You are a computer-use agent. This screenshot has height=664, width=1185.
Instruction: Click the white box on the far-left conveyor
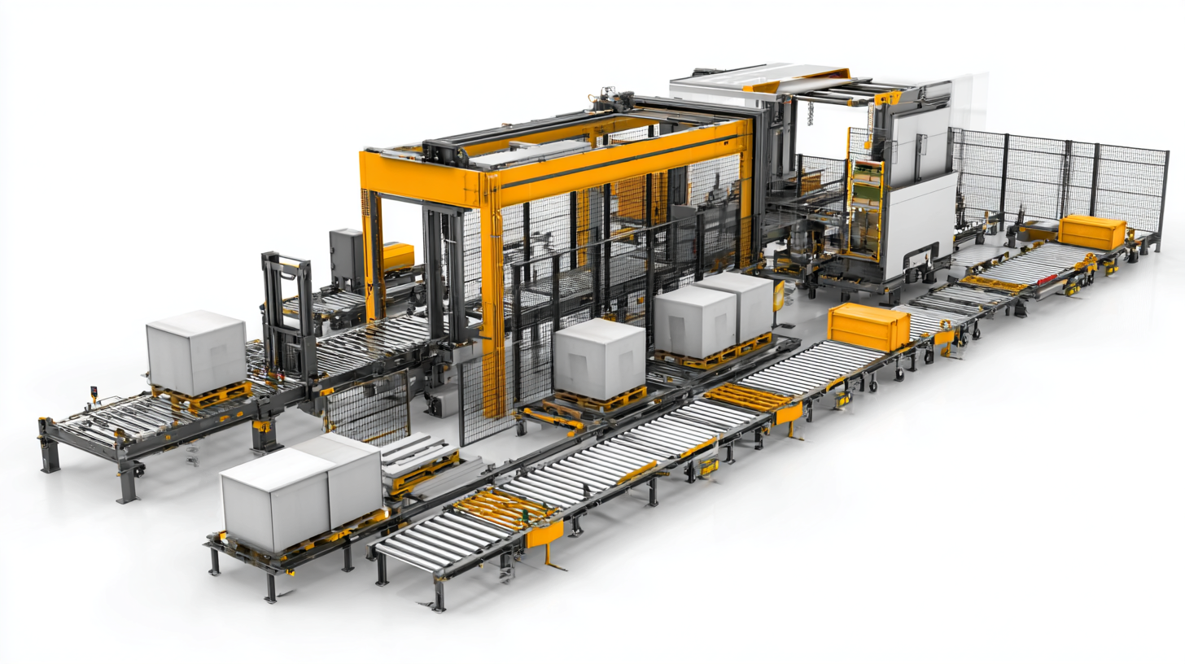pyautogui.click(x=196, y=352)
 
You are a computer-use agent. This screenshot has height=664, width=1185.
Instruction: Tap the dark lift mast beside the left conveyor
pyautogui.click(x=286, y=317)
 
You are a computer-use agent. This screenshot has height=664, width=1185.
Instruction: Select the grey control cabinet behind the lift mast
pyautogui.click(x=347, y=259)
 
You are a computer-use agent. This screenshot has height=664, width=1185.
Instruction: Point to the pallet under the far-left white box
pyautogui.click(x=203, y=396)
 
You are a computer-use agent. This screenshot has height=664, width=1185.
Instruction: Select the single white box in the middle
pyautogui.click(x=600, y=358)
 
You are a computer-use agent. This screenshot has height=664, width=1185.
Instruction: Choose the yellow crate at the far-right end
pyautogui.click(x=1091, y=232)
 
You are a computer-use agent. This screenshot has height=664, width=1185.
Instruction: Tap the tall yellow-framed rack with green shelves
pyautogui.click(x=866, y=207)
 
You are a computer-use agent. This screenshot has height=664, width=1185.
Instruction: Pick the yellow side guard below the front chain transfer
pyautogui.click(x=544, y=533)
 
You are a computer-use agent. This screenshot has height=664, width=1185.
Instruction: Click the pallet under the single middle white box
pyautogui.click(x=600, y=399)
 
